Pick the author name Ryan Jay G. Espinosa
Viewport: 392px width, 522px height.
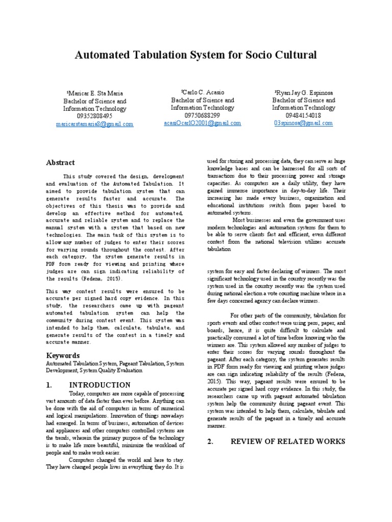pos(304,93)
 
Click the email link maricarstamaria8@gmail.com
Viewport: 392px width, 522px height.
pos(94,124)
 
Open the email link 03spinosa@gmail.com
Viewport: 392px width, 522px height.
pos(303,123)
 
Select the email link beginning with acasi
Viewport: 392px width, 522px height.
pos(202,123)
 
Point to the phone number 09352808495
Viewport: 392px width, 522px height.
pos(94,116)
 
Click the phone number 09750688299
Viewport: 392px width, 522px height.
pos(202,115)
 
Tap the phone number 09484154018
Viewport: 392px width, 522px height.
pos(304,116)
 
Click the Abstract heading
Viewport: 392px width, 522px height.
pos(60,163)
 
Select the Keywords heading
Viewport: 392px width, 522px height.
pos(63,355)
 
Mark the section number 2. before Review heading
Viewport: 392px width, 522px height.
pos(210,442)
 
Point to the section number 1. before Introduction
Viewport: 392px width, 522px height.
pos(50,385)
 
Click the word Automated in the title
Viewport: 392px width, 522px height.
pos(102,55)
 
